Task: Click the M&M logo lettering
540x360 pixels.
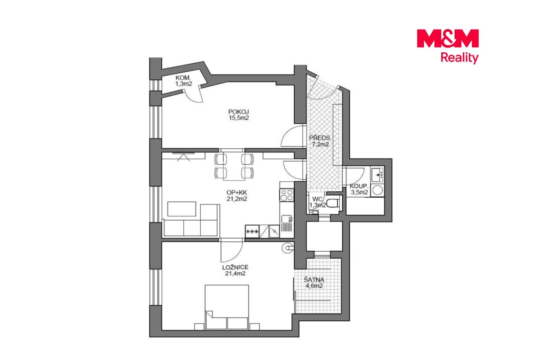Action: pyautogui.click(x=448, y=38)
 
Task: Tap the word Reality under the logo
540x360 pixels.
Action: pyautogui.click(x=459, y=58)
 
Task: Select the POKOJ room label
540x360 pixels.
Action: pyautogui.click(x=239, y=112)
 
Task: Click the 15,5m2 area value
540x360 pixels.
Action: pyautogui.click(x=239, y=118)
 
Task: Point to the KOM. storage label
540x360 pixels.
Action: pyautogui.click(x=183, y=78)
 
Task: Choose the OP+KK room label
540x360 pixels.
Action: pyautogui.click(x=237, y=193)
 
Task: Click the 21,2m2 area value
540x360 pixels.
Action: pyautogui.click(x=237, y=199)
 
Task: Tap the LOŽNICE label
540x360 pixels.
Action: pyautogui.click(x=235, y=267)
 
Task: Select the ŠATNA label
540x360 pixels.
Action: pyautogui.click(x=314, y=280)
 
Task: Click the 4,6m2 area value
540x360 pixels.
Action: pyautogui.click(x=314, y=286)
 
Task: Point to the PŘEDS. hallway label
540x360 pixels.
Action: pyautogui.click(x=320, y=138)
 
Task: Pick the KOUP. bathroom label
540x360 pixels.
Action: pyautogui.click(x=359, y=186)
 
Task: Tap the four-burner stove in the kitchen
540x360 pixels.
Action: pyautogui.click(x=287, y=195)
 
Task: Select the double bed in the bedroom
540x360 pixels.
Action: pyautogui.click(x=227, y=307)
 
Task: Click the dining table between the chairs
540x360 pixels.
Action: pyautogui.click(x=234, y=166)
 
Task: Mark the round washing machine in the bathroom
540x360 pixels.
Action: pyautogui.click(x=377, y=190)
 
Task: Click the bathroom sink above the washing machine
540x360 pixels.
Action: pyautogui.click(x=377, y=175)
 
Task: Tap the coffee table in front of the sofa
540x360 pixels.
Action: pyautogui.click(x=181, y=209)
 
